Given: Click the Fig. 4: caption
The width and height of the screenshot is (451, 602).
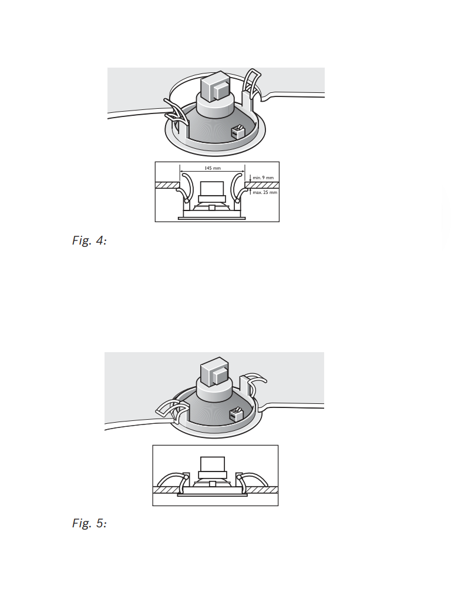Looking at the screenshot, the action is [89, 240].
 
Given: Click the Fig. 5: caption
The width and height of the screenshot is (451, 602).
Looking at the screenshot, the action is [89, 523].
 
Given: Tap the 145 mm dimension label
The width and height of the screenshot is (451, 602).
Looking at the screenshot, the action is [213, 168].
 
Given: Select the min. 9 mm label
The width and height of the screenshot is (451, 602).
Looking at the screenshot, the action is [263, 178].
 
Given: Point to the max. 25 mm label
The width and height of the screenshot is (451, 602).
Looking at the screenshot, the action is [265, 192].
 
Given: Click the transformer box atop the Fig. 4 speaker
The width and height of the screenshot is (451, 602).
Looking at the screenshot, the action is [215, 86].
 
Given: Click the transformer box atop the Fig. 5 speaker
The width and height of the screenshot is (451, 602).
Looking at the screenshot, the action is [214, 372].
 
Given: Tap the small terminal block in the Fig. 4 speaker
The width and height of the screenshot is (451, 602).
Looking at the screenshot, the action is [238, 132].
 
